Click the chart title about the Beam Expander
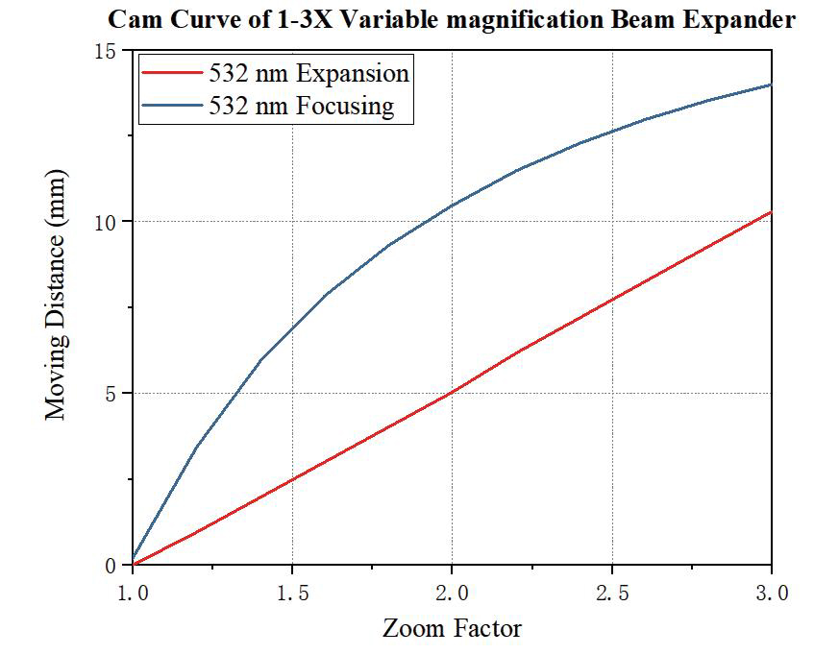click(452, 19)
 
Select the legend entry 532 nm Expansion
click(308, 74)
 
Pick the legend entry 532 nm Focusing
click(301, 105)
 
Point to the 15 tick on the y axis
click(113, 51)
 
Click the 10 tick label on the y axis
click(113, 222)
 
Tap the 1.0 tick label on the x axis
click(133, 594)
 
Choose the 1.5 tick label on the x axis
click(292, 594)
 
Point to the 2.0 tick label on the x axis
click(452, 594)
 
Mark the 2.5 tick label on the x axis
click(612, 594)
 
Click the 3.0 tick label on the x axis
click(772, 594)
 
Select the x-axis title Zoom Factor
click(452, 629)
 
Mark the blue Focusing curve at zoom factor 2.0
click(452, 206)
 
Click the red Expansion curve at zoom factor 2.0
click(452, 392)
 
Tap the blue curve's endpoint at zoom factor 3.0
click(771, 85)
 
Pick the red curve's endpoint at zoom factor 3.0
click(771, 212)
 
